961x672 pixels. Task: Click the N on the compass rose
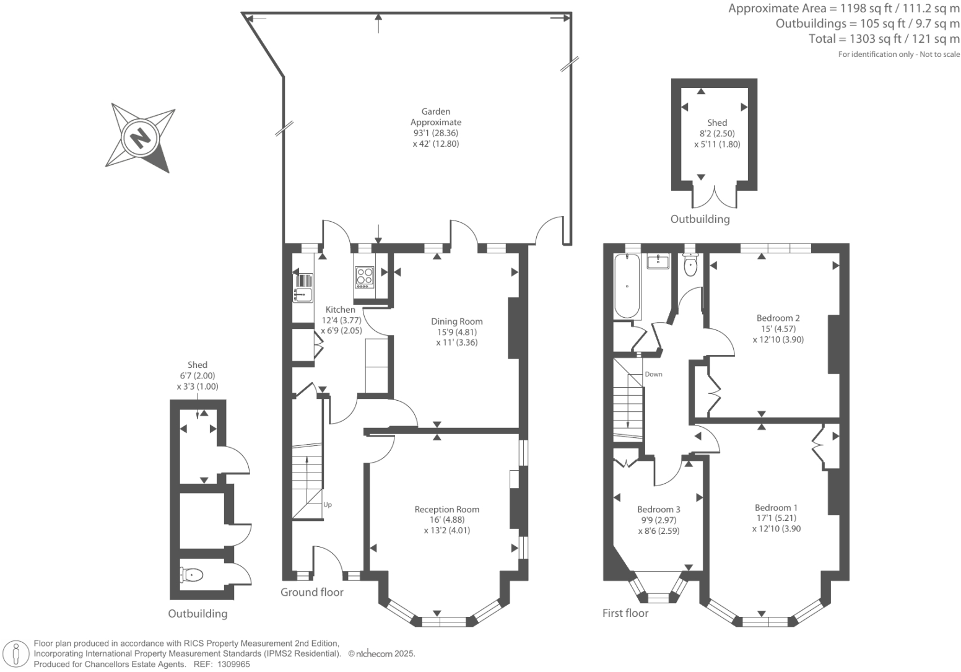point(141,137)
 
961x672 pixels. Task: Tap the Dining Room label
point(456,321)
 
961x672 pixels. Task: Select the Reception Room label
point(446,509)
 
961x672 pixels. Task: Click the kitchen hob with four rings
point(365,277)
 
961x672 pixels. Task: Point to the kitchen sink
point(303,287)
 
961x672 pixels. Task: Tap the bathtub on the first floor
point(627,286)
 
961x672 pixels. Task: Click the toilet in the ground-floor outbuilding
point(191,575)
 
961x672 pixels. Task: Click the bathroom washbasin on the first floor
point(658,261)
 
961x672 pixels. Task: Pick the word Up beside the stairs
point(328,505)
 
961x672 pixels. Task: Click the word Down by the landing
point(653,374)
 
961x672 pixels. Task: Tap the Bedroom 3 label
point(659,509)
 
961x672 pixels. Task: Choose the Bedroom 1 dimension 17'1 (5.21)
point(776,518)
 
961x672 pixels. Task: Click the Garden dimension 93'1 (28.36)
point(436,133)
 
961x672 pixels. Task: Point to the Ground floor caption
point(312,592)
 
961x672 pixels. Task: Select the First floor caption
point(625,613)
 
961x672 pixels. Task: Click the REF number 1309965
point(233,665)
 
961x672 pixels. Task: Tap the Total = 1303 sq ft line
point(884,39)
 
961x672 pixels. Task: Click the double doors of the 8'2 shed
point(715,197)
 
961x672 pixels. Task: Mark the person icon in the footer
point(16,653)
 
